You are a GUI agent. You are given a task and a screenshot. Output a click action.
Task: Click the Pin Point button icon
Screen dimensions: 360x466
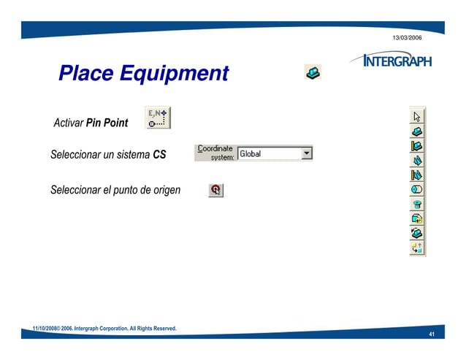pyautogui.click(x=158, y=118)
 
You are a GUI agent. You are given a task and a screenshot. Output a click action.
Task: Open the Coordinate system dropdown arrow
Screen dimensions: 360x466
pyautogui.click(x=307, y=153)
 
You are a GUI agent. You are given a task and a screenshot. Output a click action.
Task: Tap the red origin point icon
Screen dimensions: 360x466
pyautogui.click(x=215, y=190)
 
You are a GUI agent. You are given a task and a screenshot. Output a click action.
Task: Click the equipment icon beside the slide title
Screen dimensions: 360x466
pyautogui.click(x=313, y=72)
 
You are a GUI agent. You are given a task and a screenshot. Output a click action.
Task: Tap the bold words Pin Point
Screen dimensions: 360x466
pyautogui.click(x=107, y=123)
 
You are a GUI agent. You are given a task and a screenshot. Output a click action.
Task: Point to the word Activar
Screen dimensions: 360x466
pyautogui.click(x=69, y=123)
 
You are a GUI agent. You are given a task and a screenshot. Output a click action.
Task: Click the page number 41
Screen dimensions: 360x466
pyautogui.click(x=432, y=335)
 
